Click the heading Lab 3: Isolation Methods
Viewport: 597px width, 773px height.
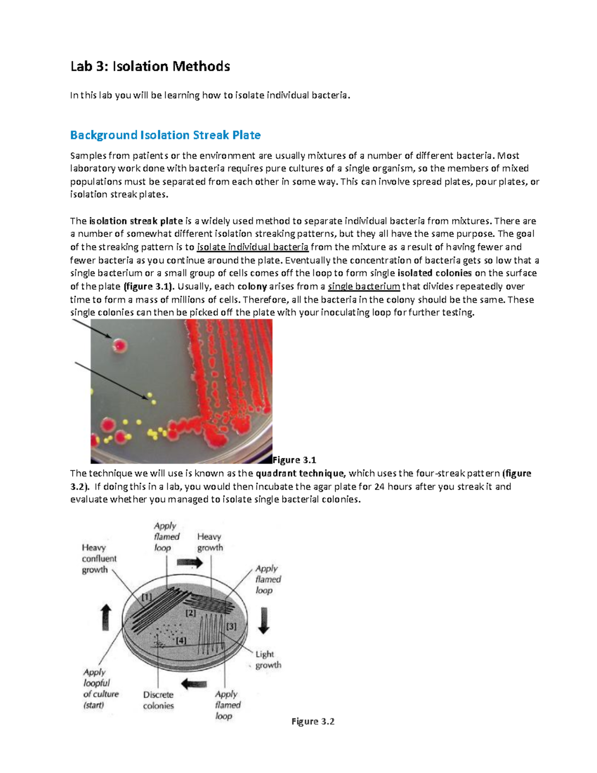pos(150,66)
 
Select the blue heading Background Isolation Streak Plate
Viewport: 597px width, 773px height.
pos(165,135)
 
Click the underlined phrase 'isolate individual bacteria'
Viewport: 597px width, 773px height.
pos(253,247)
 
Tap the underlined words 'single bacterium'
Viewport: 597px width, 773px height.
pos(364,286)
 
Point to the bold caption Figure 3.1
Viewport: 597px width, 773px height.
pos(295,459)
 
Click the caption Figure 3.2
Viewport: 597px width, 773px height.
pos(313,721)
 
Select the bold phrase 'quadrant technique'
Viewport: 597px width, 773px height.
pos(299,473)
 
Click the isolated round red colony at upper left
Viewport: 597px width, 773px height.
pos(119,345)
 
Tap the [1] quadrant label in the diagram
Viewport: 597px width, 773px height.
pos(147,597)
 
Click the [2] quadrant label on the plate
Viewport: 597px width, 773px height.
pos(191,613)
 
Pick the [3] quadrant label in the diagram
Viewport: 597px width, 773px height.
pos(231,626)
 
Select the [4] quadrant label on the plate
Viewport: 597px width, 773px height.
pos(181,641)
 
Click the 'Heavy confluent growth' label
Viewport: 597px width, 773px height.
pos(99,558)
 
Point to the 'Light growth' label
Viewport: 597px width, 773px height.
pos(268,660)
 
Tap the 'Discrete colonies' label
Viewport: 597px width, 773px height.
pos(158,700)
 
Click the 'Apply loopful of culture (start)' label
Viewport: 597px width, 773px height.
pos(100,688)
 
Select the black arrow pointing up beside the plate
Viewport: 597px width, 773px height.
pos(106,617)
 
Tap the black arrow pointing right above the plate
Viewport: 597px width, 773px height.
pos(190,563)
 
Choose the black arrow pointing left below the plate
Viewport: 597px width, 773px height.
pos(194,684)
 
